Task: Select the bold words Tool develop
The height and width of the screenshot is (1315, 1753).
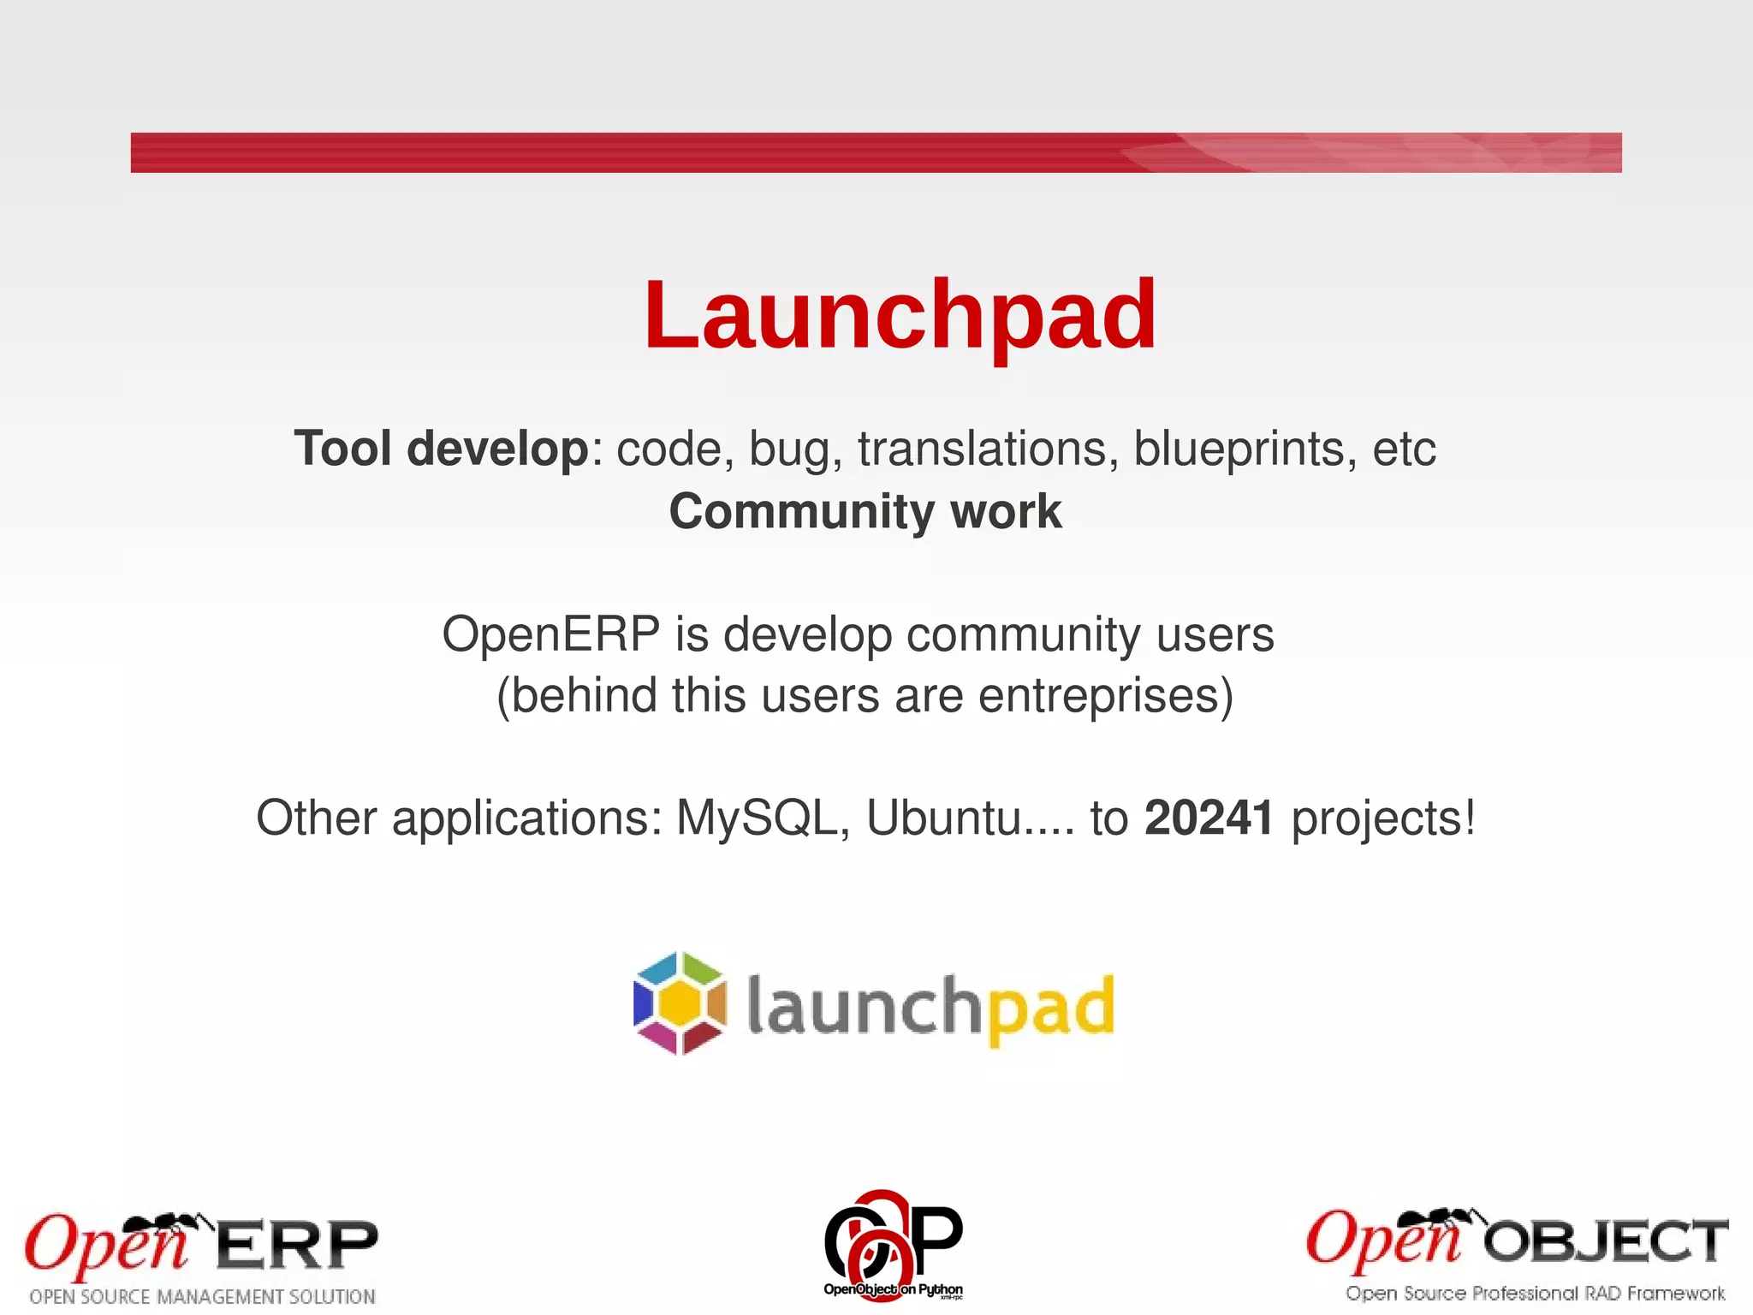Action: tap(441, 449)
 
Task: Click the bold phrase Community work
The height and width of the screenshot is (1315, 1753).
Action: tap(865, 511)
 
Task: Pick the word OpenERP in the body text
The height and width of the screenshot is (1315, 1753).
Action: tap(550, 635)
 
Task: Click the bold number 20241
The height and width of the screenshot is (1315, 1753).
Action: tap(1209, 818)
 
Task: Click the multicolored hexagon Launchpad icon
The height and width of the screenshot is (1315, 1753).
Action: tap(680, 1003)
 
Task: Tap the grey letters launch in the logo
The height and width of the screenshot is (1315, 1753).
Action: tap(863, 1007)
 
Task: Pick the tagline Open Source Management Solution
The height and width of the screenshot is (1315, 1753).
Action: tap(202, 1297)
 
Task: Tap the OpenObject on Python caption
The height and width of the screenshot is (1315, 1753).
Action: tap(892, 1289)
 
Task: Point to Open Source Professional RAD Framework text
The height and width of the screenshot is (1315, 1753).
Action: tap(1535, 1294)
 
